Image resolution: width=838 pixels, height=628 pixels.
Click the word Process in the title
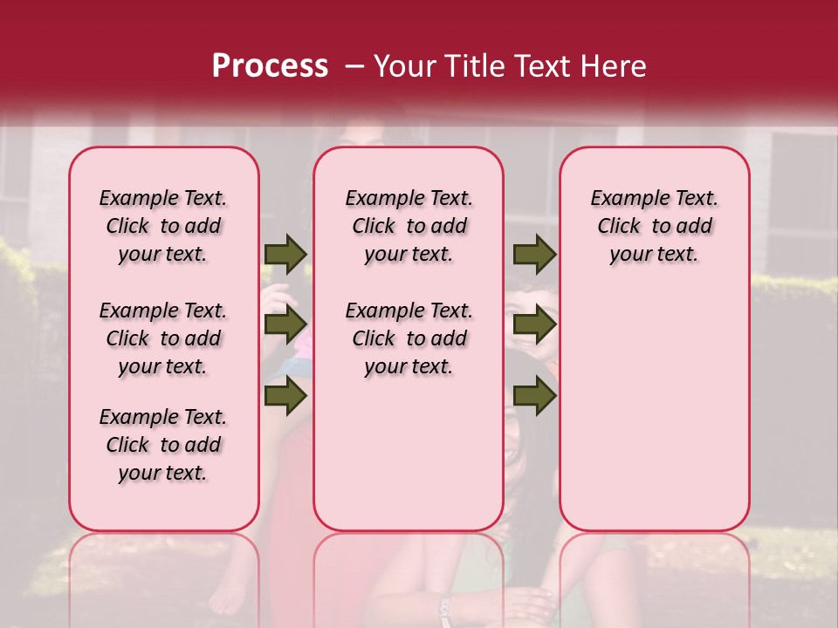point(270,65)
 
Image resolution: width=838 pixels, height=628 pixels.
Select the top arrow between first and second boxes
point(285,254)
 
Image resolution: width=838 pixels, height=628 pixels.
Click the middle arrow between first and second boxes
point(285,324)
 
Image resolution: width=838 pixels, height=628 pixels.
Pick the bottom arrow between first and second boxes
point(285,396)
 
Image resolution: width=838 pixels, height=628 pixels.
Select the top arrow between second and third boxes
point(534,254)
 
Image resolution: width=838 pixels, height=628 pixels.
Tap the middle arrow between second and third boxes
point(534,324)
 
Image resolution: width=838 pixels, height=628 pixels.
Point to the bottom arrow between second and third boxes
point(534,396)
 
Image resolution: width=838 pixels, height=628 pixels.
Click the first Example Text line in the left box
point(163,198)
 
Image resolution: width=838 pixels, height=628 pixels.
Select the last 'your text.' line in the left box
point(163,473)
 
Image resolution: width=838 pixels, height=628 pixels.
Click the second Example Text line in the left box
point(163,311)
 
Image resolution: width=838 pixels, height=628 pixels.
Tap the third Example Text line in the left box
point(163,417)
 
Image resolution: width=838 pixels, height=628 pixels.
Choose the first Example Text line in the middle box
point(409,198)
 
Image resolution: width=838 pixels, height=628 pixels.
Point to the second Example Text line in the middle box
point(409,311)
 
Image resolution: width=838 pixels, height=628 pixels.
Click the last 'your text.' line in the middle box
point(409,366)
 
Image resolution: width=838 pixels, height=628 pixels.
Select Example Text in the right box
point(654,198)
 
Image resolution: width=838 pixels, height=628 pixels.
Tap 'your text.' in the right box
point(654,254)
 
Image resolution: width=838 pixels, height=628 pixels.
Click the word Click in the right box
point(619,226)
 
